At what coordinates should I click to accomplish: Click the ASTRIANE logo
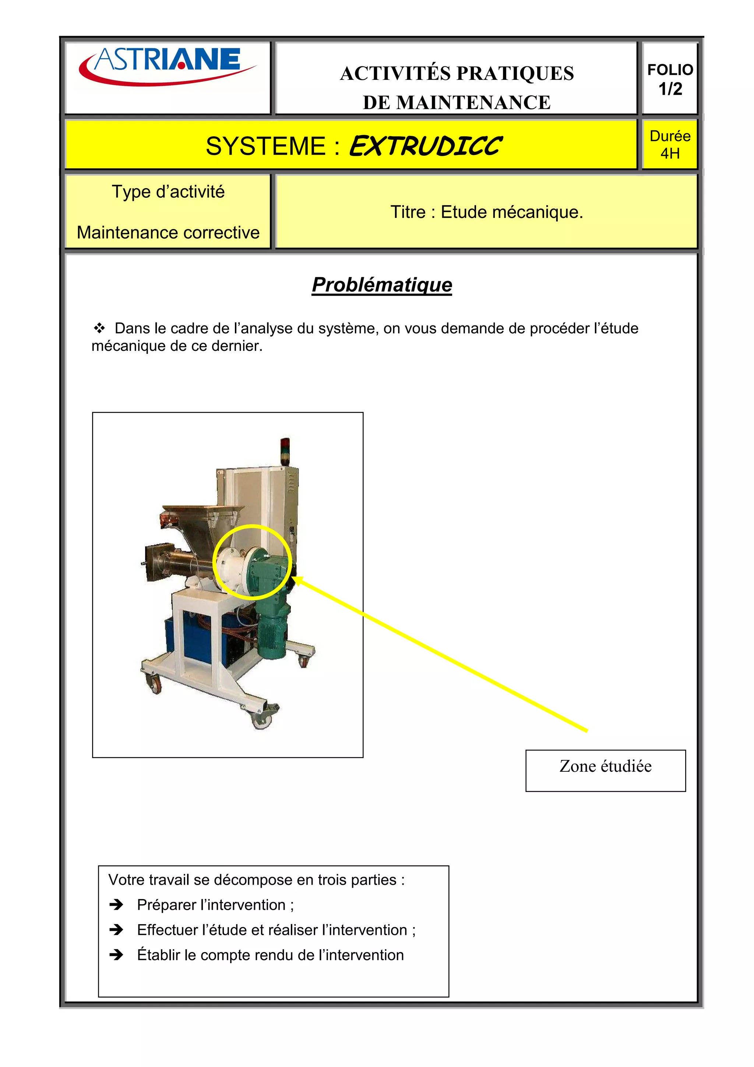pos(167,66)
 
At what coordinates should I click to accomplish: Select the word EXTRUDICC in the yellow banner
pos(425,147)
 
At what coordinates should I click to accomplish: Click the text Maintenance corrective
pos(168,232)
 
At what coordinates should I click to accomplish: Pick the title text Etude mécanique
pos(511,212)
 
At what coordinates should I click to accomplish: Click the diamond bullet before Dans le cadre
pos(99,328)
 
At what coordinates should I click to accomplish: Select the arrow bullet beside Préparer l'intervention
pos(116,904)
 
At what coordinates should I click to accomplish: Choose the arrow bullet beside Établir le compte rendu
pos(116,955)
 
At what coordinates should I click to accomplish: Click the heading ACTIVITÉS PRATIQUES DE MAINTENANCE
pos(456,87)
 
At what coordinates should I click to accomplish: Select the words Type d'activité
pos(168,191)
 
